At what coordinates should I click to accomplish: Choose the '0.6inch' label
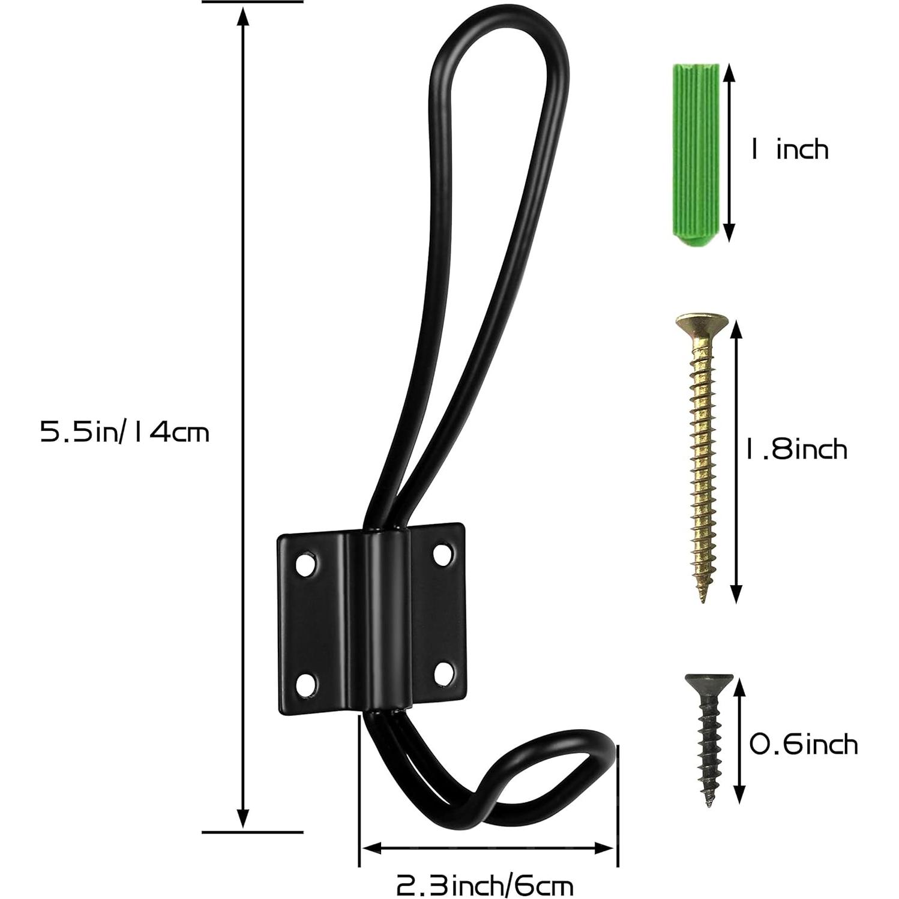[804, 745]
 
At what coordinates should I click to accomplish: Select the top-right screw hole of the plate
[443, 553]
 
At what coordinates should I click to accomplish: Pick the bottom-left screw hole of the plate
[307, 683]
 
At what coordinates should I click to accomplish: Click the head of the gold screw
[702, 323]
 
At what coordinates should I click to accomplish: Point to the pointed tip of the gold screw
[703, 597]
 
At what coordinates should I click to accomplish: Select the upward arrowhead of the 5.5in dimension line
[242, 18]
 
